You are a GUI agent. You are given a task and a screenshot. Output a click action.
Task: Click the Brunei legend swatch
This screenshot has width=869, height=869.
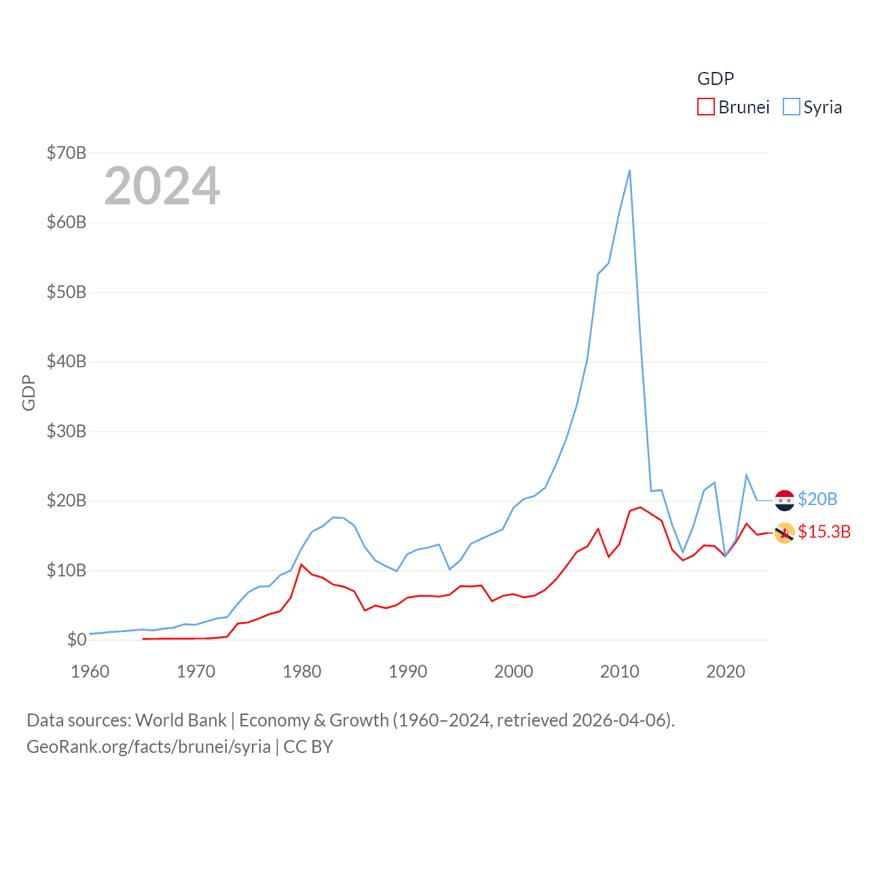coord(706,107)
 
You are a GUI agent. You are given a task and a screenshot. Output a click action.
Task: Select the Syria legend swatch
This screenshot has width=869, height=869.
coord(792,107)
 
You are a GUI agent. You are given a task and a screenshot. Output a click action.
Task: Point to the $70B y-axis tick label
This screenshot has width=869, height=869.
coord(67,153)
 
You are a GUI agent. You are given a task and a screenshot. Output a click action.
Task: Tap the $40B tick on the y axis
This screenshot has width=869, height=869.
coord(67,361)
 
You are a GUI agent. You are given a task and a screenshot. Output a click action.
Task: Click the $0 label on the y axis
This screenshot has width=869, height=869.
coord(77,640)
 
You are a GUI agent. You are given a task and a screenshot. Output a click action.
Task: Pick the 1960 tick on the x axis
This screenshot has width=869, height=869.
coord(90,671)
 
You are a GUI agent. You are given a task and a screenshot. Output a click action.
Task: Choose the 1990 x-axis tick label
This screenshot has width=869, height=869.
coord(408,671)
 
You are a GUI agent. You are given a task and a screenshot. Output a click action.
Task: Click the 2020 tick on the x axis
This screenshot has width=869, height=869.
coord(726,671)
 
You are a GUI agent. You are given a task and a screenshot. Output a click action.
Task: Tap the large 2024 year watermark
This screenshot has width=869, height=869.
coord(162,186)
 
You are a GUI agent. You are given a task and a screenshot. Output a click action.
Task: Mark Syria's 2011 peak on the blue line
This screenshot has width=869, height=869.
coord(630,170)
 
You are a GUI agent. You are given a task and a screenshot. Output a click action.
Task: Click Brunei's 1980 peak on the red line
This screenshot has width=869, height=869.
coord(301,564)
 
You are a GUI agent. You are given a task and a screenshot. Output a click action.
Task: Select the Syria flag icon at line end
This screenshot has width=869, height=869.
coord(784,500)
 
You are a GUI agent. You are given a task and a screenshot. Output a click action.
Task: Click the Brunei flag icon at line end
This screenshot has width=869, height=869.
coord(784,533)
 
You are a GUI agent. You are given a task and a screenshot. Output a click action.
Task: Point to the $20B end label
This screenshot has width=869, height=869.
coord(817,499)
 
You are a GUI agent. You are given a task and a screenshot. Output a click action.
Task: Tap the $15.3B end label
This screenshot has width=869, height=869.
coord(824,532)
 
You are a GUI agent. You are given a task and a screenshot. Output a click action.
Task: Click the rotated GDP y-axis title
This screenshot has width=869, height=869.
coord(29,392)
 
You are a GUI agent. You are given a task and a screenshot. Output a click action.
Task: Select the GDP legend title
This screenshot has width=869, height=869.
coord(716,79)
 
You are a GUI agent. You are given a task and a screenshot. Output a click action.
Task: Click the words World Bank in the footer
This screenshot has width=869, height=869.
coord(181,720)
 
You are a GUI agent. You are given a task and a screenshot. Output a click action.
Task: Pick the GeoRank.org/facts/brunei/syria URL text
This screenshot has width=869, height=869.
coord(149,747)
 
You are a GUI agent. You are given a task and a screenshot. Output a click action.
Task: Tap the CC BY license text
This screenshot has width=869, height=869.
coord(308,747)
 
